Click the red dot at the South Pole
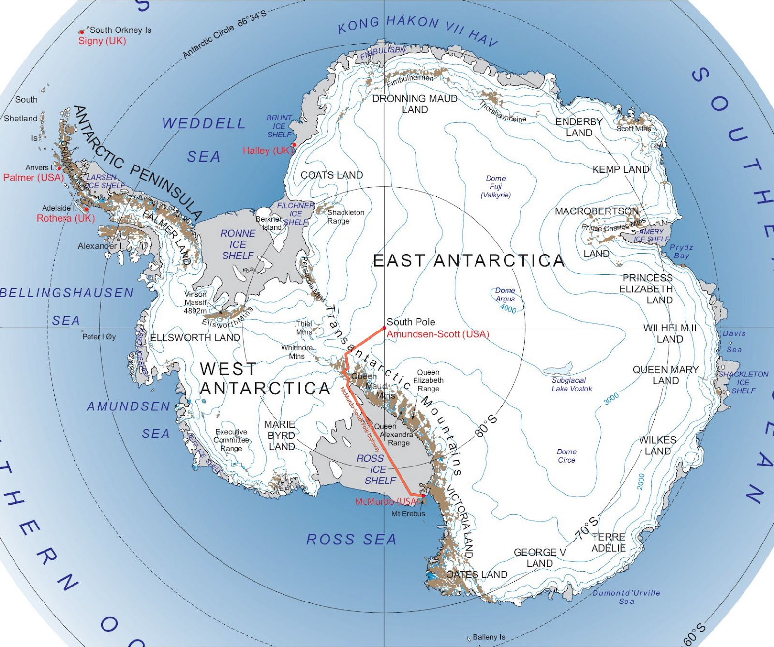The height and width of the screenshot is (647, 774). (384, 328)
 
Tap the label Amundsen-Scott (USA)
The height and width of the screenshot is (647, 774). (438, 334)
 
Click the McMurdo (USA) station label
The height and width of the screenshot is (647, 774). (386, 502)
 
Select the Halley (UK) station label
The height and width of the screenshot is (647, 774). (268, 150)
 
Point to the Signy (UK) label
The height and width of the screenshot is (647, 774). (102, 41)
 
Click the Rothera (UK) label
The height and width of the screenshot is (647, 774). (66, 218)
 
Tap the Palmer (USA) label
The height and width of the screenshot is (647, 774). (33, 178)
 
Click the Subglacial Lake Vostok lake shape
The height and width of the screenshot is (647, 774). (559, 369)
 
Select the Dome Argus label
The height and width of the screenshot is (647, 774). (505, 295)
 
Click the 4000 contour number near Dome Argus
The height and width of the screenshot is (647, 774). (508, 309)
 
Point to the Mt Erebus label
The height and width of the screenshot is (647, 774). (408, 514)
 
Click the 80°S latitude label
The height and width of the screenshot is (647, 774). (486, 426)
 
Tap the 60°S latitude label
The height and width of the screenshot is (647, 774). (695, 634)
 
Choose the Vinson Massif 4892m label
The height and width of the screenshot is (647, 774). (195, 302)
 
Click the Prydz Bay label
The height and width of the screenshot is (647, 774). (681, 251)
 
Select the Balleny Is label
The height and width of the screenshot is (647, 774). (489, 637)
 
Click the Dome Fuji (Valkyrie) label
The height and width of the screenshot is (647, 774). (495, 186)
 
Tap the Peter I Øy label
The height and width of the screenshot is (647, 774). (99, 337)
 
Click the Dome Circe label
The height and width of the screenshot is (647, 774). (566, 456)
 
